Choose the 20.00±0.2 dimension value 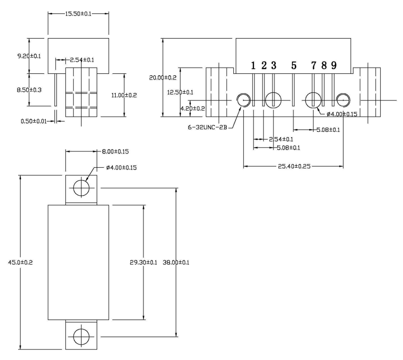163,77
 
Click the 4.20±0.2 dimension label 179,109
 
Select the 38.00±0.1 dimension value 176,262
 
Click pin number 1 253,65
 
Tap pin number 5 293,65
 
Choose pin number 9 334,65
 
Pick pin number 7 314,65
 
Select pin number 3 273,65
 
